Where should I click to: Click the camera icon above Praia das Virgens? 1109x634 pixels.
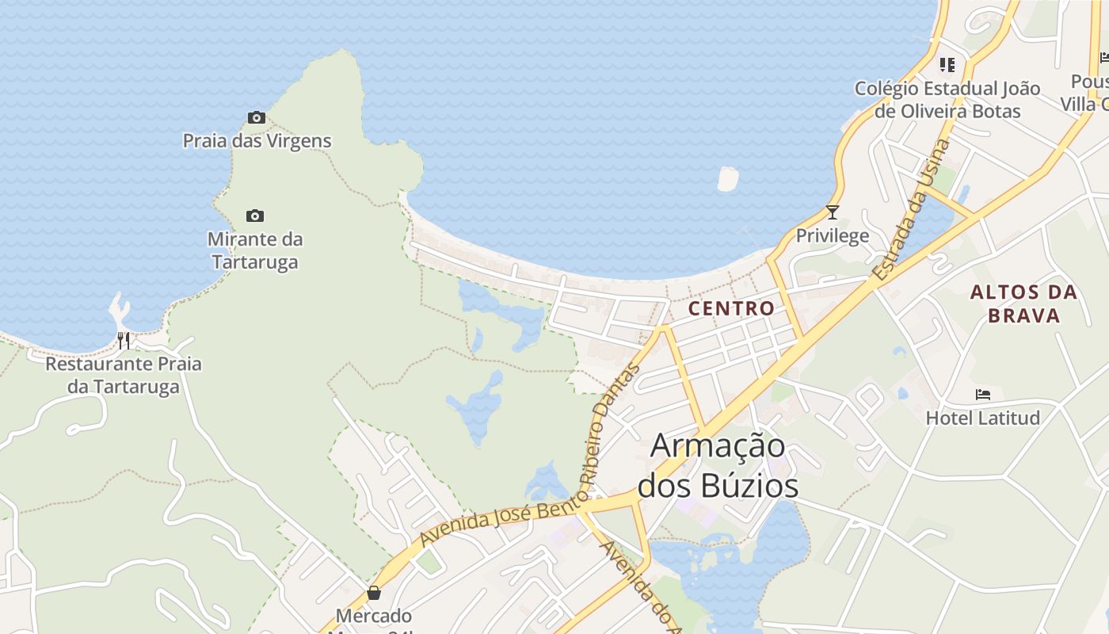point(256,118)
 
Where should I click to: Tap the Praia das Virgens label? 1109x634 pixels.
point(257,141)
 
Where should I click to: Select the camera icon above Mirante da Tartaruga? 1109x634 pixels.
point(254,216)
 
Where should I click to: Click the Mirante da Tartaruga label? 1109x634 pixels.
point(254,250)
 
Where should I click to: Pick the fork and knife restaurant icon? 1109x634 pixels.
point(123,341)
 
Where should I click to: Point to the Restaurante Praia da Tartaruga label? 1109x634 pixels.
point(124,376)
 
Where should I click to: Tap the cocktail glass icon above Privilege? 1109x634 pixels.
point(832,212)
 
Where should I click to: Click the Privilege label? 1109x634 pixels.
point(832,235)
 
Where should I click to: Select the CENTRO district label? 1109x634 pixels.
point(731,308)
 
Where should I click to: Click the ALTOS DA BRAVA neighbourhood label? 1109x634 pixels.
point(1023,304)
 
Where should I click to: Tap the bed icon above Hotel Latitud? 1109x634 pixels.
point(983,395)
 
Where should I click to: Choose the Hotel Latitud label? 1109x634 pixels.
point(982,417)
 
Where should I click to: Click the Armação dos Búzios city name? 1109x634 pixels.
point(718,465)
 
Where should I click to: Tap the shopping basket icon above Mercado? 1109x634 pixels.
point(374,593)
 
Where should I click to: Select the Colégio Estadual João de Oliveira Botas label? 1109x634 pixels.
point(947,99)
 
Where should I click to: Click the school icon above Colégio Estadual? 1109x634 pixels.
point(947,65)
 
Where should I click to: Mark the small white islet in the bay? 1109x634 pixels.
point(728,178)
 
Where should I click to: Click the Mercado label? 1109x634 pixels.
point(374,616)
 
